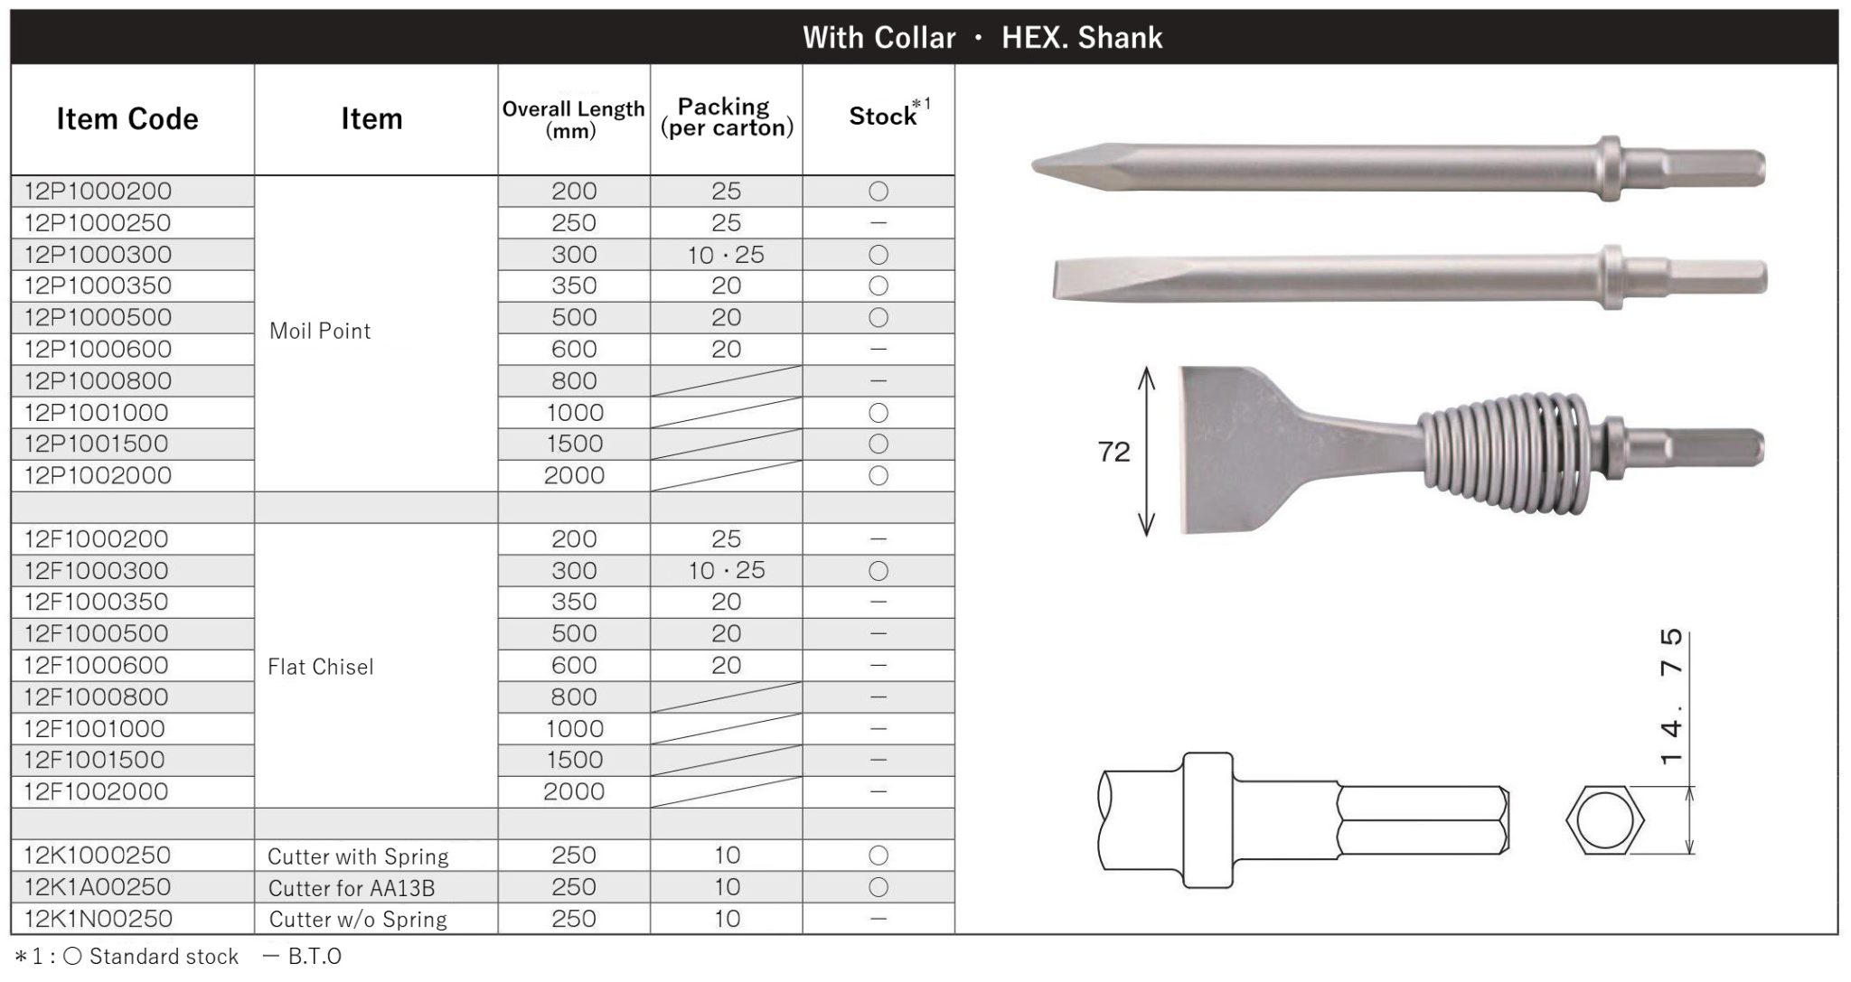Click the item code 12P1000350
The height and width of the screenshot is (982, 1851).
(x=98, y=285)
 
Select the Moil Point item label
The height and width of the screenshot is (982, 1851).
(x=320, y=331)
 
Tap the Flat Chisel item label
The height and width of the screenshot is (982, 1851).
(x=320, y=667)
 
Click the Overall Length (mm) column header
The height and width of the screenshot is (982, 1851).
(x=573, y=119)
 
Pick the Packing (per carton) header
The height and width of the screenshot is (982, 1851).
(x=726, y=117)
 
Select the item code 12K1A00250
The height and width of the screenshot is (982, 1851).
(x=98, y=887)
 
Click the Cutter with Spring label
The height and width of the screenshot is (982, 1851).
(x=358, y=856)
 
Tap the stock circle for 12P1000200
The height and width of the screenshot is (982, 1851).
(x=878, y=192)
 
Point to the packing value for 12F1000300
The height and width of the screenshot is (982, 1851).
(x=726, y=571)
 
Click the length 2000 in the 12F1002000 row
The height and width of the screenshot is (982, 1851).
(x=574, y=792)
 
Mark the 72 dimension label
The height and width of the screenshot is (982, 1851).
(x=1113, y=452)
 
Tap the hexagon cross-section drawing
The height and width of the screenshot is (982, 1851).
(x=1604, y=820)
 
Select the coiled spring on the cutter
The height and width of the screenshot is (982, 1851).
(x=1500, y=447)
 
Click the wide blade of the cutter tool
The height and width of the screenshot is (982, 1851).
(x=1247, y=449)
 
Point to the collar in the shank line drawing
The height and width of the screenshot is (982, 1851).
(x=1207, y=820)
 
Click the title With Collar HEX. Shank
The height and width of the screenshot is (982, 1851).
(x=982, y=38)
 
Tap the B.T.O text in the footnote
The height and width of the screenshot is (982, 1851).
(x=314, y=957)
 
